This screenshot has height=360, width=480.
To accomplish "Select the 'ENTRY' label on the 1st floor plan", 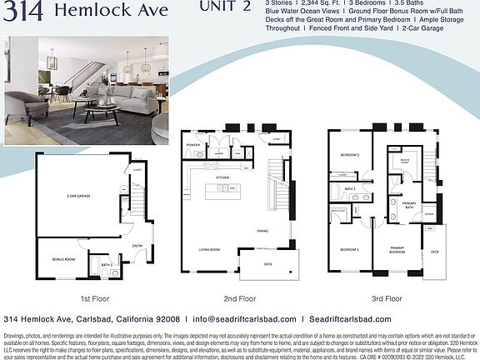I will coord(137,245).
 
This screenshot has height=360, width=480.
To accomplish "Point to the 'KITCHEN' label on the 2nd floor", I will coord(222,177).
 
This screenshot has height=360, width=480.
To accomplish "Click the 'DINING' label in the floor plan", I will coord(262,231).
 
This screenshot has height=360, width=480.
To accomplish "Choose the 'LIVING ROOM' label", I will coord(208,248).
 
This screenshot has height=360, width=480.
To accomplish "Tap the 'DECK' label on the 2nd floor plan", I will coord(268,264).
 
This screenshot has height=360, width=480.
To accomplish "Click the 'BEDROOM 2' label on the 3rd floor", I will coord(349,156).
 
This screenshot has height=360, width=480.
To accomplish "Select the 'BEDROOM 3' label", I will coord(349,249).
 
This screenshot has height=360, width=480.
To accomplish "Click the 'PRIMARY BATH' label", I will coord(409,205).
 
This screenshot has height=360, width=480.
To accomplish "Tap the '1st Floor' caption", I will coord(96,297).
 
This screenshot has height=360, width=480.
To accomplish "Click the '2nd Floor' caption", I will coord(239,297).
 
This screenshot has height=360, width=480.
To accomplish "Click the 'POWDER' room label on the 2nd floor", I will coord(193,144).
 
